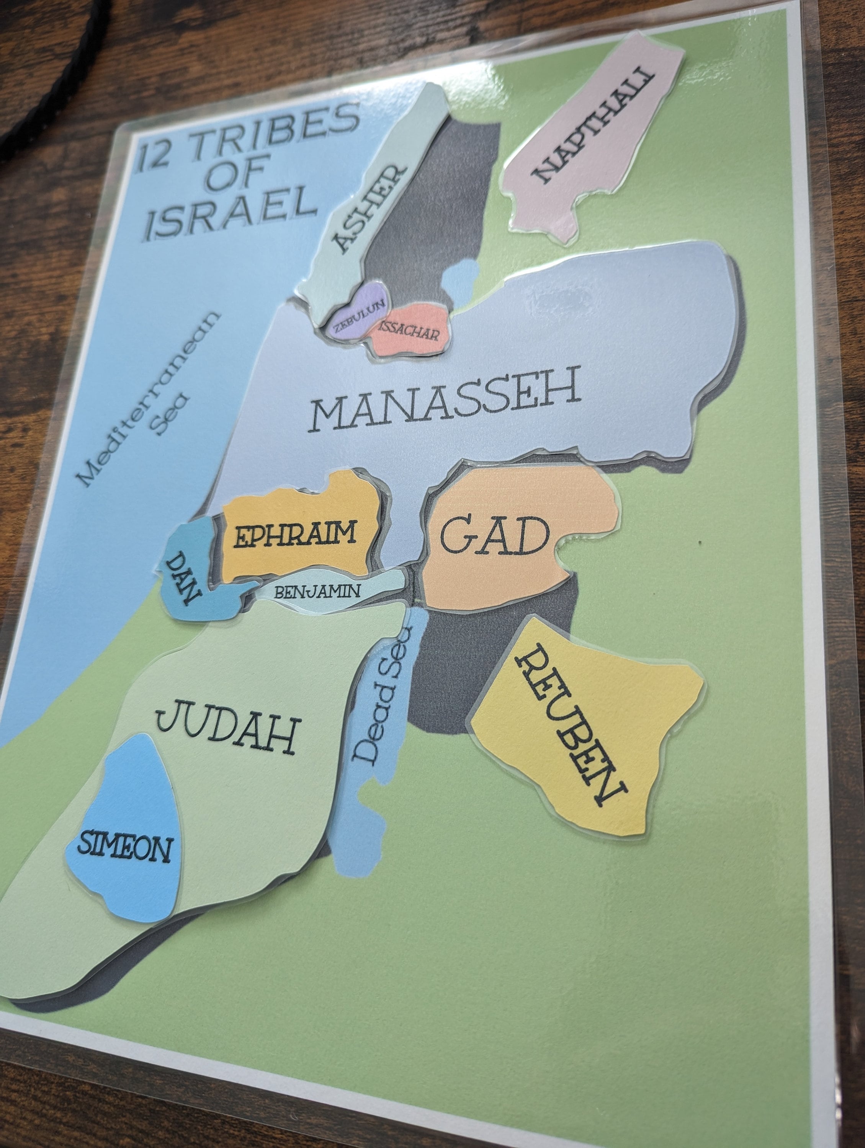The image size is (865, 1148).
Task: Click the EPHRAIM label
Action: [295, 535]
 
